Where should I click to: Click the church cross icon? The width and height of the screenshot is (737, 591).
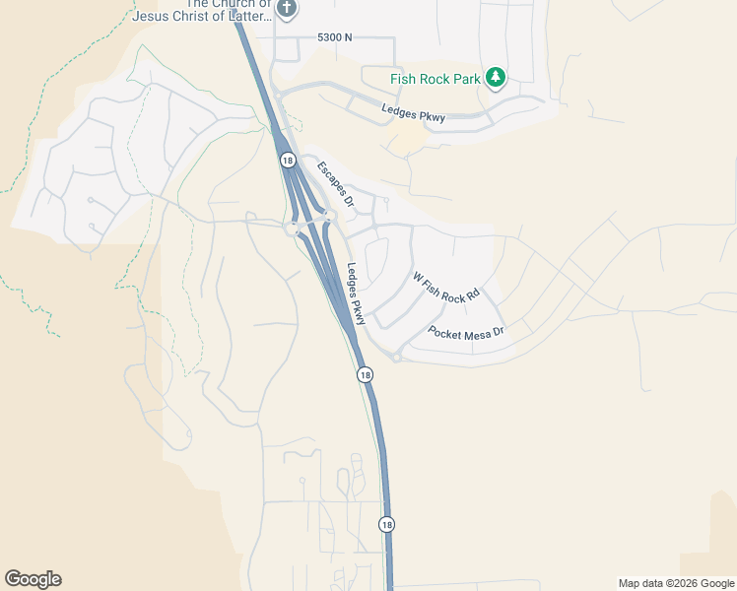tap(286, 10)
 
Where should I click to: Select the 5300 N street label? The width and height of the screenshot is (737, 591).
tap(334, 37)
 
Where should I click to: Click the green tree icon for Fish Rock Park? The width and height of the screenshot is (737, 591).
tap(497, 78)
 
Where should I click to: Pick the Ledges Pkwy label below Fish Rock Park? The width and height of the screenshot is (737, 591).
tap(414, 111)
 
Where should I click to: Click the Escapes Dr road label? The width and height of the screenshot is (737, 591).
tap(335, 184)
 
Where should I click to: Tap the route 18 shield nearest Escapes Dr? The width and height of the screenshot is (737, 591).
tap(287, 160)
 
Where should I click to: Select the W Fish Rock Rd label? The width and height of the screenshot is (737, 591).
tap(445, 287)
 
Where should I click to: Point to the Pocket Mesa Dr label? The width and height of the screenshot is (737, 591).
tap(466, 332)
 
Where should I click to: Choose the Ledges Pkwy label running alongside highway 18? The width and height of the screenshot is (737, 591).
tap(356, 294)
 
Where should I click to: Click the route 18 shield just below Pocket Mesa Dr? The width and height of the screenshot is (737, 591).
tap(365, 374)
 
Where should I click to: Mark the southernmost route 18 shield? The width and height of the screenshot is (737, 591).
tap(387, 525)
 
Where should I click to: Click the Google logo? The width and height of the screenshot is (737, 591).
tap(33, 579)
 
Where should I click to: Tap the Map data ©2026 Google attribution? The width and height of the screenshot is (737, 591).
tap(675, 583)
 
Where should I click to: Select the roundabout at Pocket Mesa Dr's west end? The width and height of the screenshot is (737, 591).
tap(396, 357)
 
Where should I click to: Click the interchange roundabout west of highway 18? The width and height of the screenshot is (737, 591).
tap(292, 230)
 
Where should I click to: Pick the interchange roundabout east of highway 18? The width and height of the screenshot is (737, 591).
tap(329, 217)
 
